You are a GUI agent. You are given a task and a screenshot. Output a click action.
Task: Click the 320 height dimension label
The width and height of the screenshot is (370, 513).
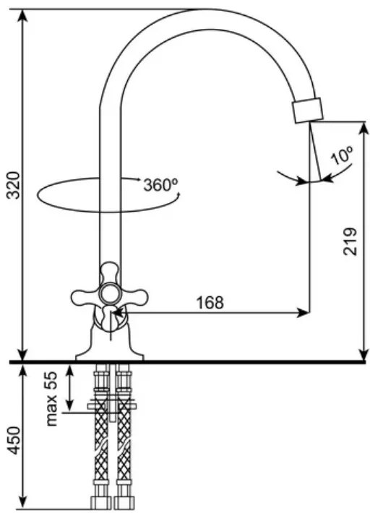pos(14,184)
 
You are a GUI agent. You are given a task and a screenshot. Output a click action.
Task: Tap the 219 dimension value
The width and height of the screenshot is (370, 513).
pos(350,241)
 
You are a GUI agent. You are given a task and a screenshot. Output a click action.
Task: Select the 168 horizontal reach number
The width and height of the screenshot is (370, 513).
pos(210,303)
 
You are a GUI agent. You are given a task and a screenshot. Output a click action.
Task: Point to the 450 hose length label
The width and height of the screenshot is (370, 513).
pos(14,439)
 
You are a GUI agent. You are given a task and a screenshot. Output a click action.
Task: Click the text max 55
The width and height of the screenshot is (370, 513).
pos(51,399)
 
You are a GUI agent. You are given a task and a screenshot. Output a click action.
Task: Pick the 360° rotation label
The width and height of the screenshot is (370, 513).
pos(160,185)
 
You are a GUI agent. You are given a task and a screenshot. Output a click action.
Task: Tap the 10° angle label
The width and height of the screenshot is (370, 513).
pos(343,155)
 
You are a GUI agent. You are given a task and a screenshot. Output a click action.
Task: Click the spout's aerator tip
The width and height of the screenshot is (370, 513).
pos(308,111)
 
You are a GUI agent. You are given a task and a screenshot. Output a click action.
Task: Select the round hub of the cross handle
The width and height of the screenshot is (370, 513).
pos(110,294)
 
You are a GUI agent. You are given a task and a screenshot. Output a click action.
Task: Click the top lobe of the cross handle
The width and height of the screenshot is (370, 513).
pos(110,271)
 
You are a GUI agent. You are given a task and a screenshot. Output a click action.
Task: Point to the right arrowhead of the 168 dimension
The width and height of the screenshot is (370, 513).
pos(303,312)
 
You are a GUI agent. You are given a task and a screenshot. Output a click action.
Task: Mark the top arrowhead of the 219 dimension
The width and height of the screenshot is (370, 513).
pos(363,129)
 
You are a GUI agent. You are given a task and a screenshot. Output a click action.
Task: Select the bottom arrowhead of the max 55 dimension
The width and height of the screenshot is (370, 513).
pos(69,405)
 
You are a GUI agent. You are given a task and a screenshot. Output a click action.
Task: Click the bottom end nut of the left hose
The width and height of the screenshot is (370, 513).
pos(100,503)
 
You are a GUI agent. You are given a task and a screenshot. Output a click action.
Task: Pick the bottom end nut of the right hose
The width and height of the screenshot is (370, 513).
pos(124,503)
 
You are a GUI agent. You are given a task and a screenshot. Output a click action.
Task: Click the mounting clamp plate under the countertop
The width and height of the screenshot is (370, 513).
pos(111,406)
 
